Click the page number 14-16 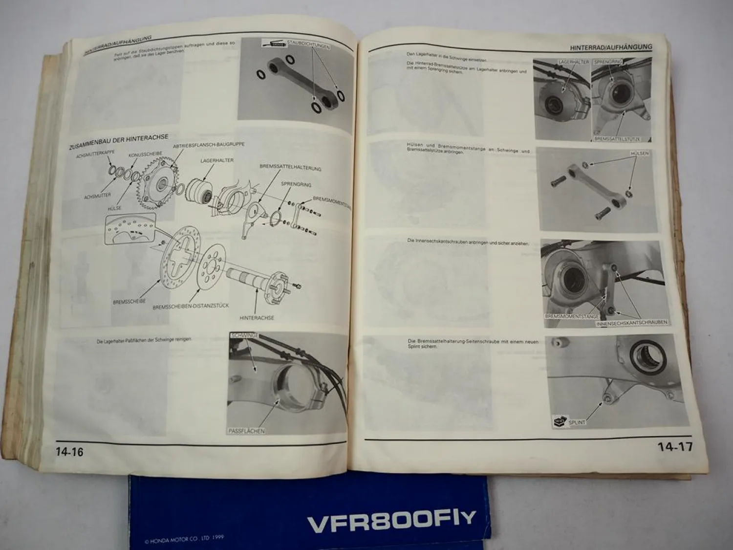pyautogui.click(x=69, y=452)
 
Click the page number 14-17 pyautogui.click(x=674, y=446)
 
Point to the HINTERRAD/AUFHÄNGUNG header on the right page pyautogui.click(x=611, y=47)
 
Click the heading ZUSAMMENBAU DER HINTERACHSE pyautogui.click(x=119, y=142)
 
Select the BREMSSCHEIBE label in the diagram pyautogui.click(x=129, y=302)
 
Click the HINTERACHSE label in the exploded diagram pyautogui.click(x=257, y=318)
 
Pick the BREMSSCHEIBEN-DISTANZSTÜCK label pyautogui.click(x=191, y=307)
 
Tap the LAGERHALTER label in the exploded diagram pyautogui.click(x=216, y=160)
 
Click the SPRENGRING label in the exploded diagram pyautogui.click(x=296, y=185)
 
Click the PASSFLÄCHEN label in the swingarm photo pyautogui.click(x=247, y=431)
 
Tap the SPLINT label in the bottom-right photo pyautogui.click(x=577, y=421)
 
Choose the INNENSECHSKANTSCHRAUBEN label pyautogui.click(x=631, y=323)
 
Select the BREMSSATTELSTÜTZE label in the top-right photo pyautogui.click(x=617, y=139)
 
